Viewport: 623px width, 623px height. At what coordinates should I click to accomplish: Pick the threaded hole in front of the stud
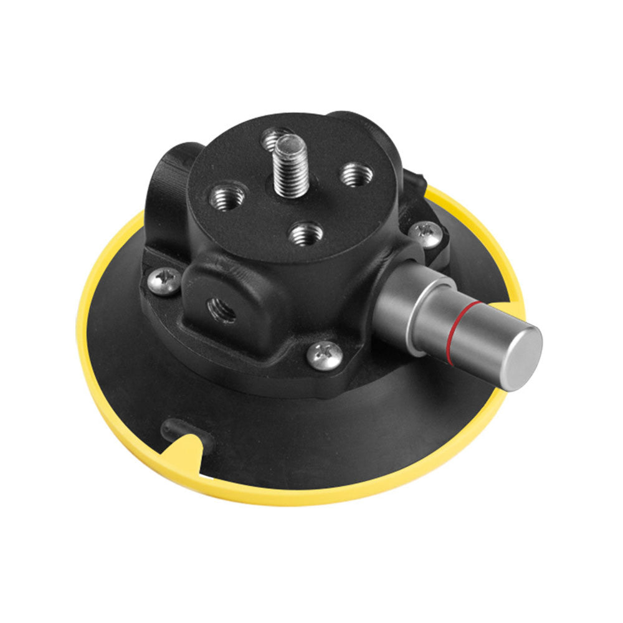[307, 234]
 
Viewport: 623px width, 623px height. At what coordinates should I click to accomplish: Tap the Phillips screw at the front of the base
[325, 354]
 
